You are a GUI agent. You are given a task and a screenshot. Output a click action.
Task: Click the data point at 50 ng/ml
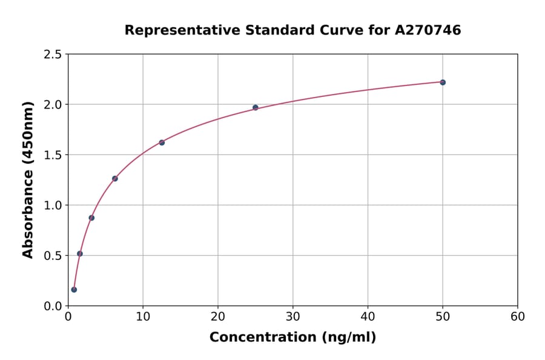pyautogui.click(x=443, y=82)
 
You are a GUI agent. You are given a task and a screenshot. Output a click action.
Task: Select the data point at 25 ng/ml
pyautogui.click(x=256, y=107)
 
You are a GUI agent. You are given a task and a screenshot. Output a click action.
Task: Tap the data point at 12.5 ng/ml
pyautogui.click(x=162, y=142)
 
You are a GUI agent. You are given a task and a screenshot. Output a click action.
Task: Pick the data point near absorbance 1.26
pyautogui.click(x=115, y=179)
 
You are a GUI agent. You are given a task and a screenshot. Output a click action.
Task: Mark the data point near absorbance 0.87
pyautogui.click(x=91, y=218)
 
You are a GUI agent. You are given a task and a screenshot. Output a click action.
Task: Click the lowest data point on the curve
pyautogui.click(x=74, y=290)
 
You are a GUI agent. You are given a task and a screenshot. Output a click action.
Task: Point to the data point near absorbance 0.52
pyautogui.click(x=80, y=253)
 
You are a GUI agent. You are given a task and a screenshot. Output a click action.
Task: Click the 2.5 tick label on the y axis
pyautogui.click(x=52, y=55)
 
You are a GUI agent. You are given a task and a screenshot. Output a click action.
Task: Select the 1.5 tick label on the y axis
pyautogui.click(x=52, y=155)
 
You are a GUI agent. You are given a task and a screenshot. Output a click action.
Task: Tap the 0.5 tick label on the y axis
pyautogui.click(x=52, y=256)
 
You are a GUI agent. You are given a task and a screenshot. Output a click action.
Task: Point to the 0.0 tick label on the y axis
pyautogui.click(x=52, y=306)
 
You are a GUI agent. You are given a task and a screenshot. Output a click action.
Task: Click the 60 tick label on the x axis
pyautogui.click(x=518, y=317)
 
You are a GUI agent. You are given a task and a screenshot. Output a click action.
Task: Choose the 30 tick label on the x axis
pyautogui.click(x=293, y=317)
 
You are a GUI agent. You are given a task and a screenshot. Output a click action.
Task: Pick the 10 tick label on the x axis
pyautogui.click(x=143, y=317)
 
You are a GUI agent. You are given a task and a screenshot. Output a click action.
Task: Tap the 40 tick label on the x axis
pyautogui.click(x=368, y=317)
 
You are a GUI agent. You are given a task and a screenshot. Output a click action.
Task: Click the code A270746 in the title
pyautogui.click(x=428, y=30)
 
